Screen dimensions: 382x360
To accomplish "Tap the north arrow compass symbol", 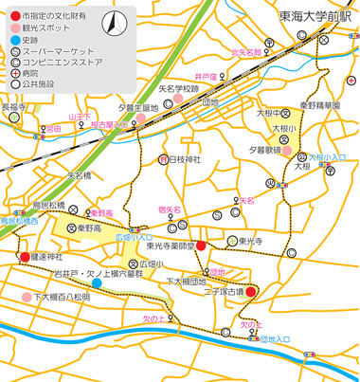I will pos(113,24).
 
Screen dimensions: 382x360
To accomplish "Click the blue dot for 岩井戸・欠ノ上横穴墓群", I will pos(98,282).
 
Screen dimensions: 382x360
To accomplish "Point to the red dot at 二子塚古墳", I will pos(251,291).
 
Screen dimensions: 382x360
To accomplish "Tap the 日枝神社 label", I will pos(186,158).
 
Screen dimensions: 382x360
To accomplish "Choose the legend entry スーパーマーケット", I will pos(58,52).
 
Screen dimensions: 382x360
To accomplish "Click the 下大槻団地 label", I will pos(187,282).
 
